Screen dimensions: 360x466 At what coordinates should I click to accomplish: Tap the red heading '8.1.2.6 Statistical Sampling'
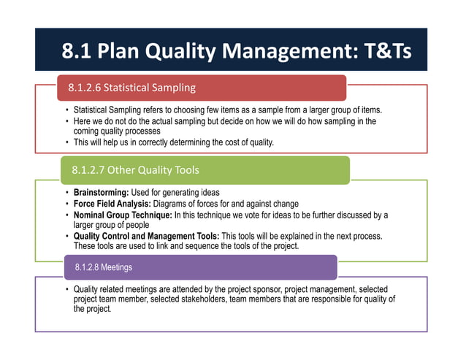pyautogui.click(x=131, y=88)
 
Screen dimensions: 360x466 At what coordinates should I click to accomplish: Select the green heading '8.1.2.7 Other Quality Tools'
pyautogui.click(x=135, y=170)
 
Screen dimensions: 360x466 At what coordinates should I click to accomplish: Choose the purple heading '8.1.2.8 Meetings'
pyautogui.click(x=104, y=267)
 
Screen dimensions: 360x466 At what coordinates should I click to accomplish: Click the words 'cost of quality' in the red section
pyautogui.click(x=245, y=142)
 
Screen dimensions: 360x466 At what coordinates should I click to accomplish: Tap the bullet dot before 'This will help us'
pyautogui.click(x=66, y=142)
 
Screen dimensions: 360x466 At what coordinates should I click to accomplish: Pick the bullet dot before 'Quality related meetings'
pyautogui.click(x=66, y=288)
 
